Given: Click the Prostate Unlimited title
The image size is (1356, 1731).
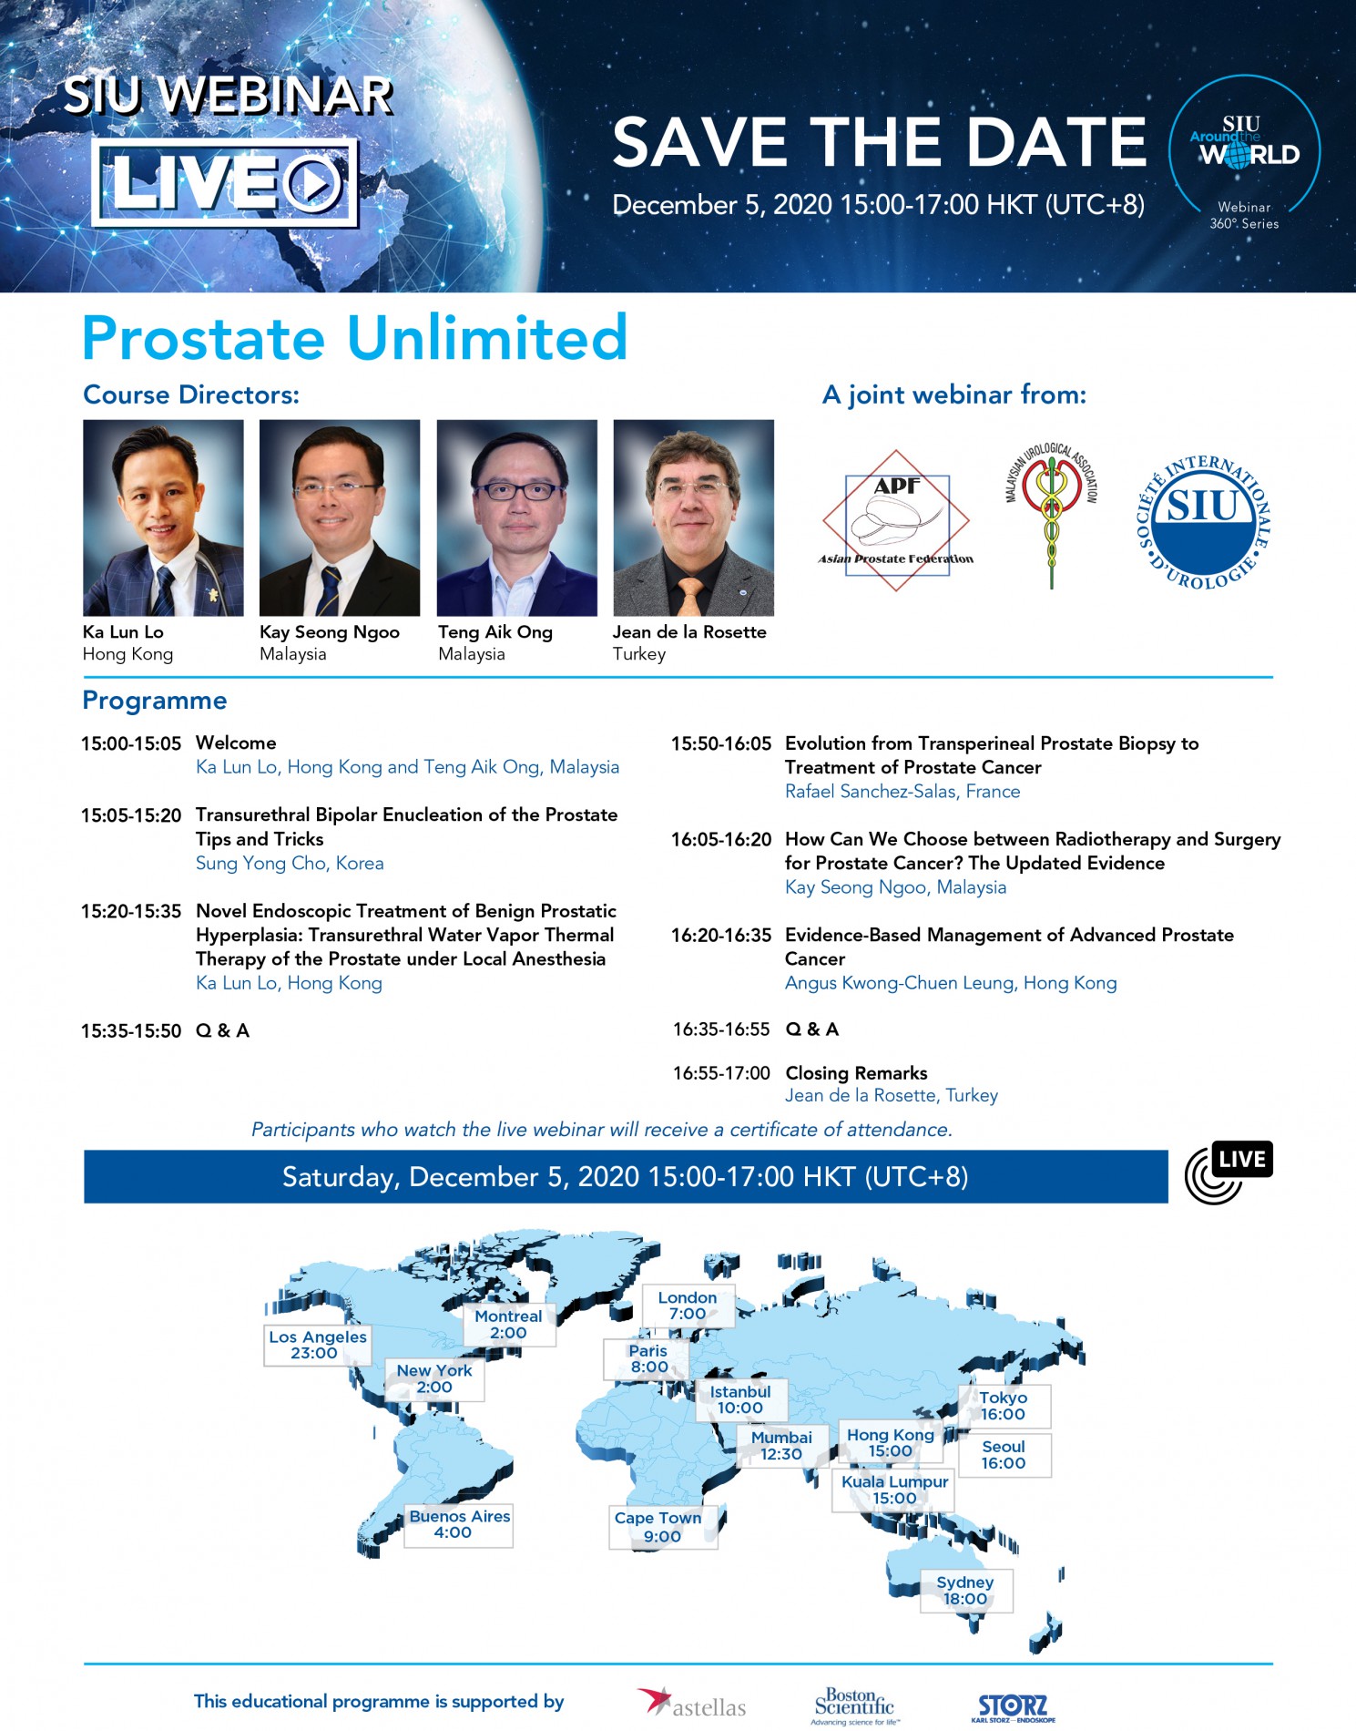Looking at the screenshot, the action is point(355,338).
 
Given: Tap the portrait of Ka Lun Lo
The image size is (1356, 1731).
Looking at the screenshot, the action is point(163,517).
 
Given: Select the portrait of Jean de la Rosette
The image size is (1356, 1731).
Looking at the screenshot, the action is point(694,517).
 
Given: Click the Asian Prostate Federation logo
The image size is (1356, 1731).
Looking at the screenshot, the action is point(896,520).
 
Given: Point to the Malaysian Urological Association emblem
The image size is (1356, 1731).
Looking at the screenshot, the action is point(1052,515).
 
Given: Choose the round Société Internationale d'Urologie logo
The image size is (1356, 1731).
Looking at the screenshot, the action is point(1204,522).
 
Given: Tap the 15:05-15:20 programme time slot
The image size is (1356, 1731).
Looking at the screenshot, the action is point(131,815).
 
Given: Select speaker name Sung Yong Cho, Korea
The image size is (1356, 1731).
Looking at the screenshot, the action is point(290,864).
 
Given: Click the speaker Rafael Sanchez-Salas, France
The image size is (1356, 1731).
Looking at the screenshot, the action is point(902,792).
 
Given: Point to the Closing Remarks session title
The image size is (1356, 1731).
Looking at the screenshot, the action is point(856,1073).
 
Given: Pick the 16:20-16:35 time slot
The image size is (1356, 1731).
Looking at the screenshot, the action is point(721,936).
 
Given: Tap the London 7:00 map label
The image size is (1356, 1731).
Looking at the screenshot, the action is point(688,1306).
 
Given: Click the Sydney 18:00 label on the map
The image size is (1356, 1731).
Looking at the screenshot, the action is point(965,1591).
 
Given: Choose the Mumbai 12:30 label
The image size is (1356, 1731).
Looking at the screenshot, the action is point(781,1446).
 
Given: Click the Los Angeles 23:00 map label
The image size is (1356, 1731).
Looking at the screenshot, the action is point(317,1345).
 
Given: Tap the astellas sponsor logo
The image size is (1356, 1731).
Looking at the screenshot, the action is point(691,1704).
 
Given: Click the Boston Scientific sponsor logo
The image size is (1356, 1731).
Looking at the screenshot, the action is point(854,1705).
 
